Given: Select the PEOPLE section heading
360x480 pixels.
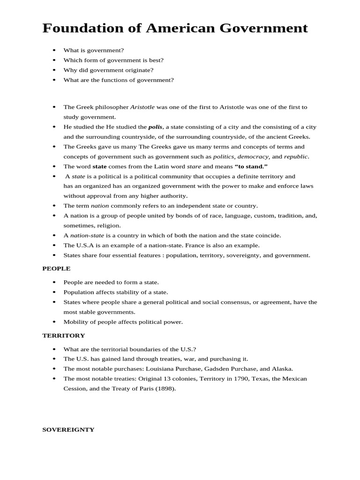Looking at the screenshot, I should (56, 269).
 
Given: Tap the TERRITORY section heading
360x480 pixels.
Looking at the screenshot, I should (64, 336).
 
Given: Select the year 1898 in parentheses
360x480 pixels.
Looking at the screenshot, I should (166, 389).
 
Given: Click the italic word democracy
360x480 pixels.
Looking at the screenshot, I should (253, 157).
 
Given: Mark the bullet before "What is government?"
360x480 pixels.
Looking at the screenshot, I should (54, 50).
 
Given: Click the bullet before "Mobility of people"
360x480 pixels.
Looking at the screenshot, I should (54, 322).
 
